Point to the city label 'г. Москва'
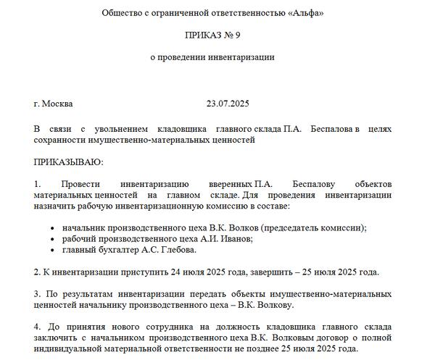(x=53, y=104)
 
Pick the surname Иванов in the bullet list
(x=225, y=238)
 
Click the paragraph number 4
(x=37, y=327)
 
